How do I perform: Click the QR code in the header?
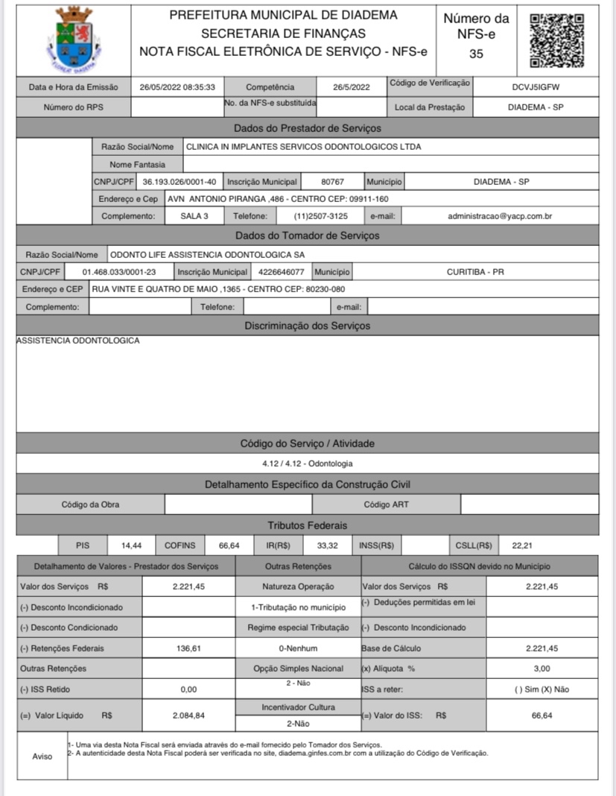556,40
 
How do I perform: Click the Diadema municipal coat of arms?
73,38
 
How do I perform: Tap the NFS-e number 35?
476,54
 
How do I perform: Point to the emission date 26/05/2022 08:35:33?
177,87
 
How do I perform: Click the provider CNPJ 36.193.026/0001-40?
180,181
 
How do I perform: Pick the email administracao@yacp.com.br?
499,216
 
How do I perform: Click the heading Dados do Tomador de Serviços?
307,236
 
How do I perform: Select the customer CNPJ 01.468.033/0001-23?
119,272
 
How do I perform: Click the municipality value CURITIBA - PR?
475,272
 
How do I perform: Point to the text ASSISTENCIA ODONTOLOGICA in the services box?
78,341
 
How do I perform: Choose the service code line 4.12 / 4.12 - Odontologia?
307,464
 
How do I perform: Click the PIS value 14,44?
131,546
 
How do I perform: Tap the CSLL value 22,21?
512,546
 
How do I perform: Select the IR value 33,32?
327,546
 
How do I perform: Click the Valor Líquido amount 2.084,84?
188,716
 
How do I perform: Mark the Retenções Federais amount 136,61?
188,648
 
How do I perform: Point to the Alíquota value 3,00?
542,669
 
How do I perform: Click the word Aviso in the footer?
42,756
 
